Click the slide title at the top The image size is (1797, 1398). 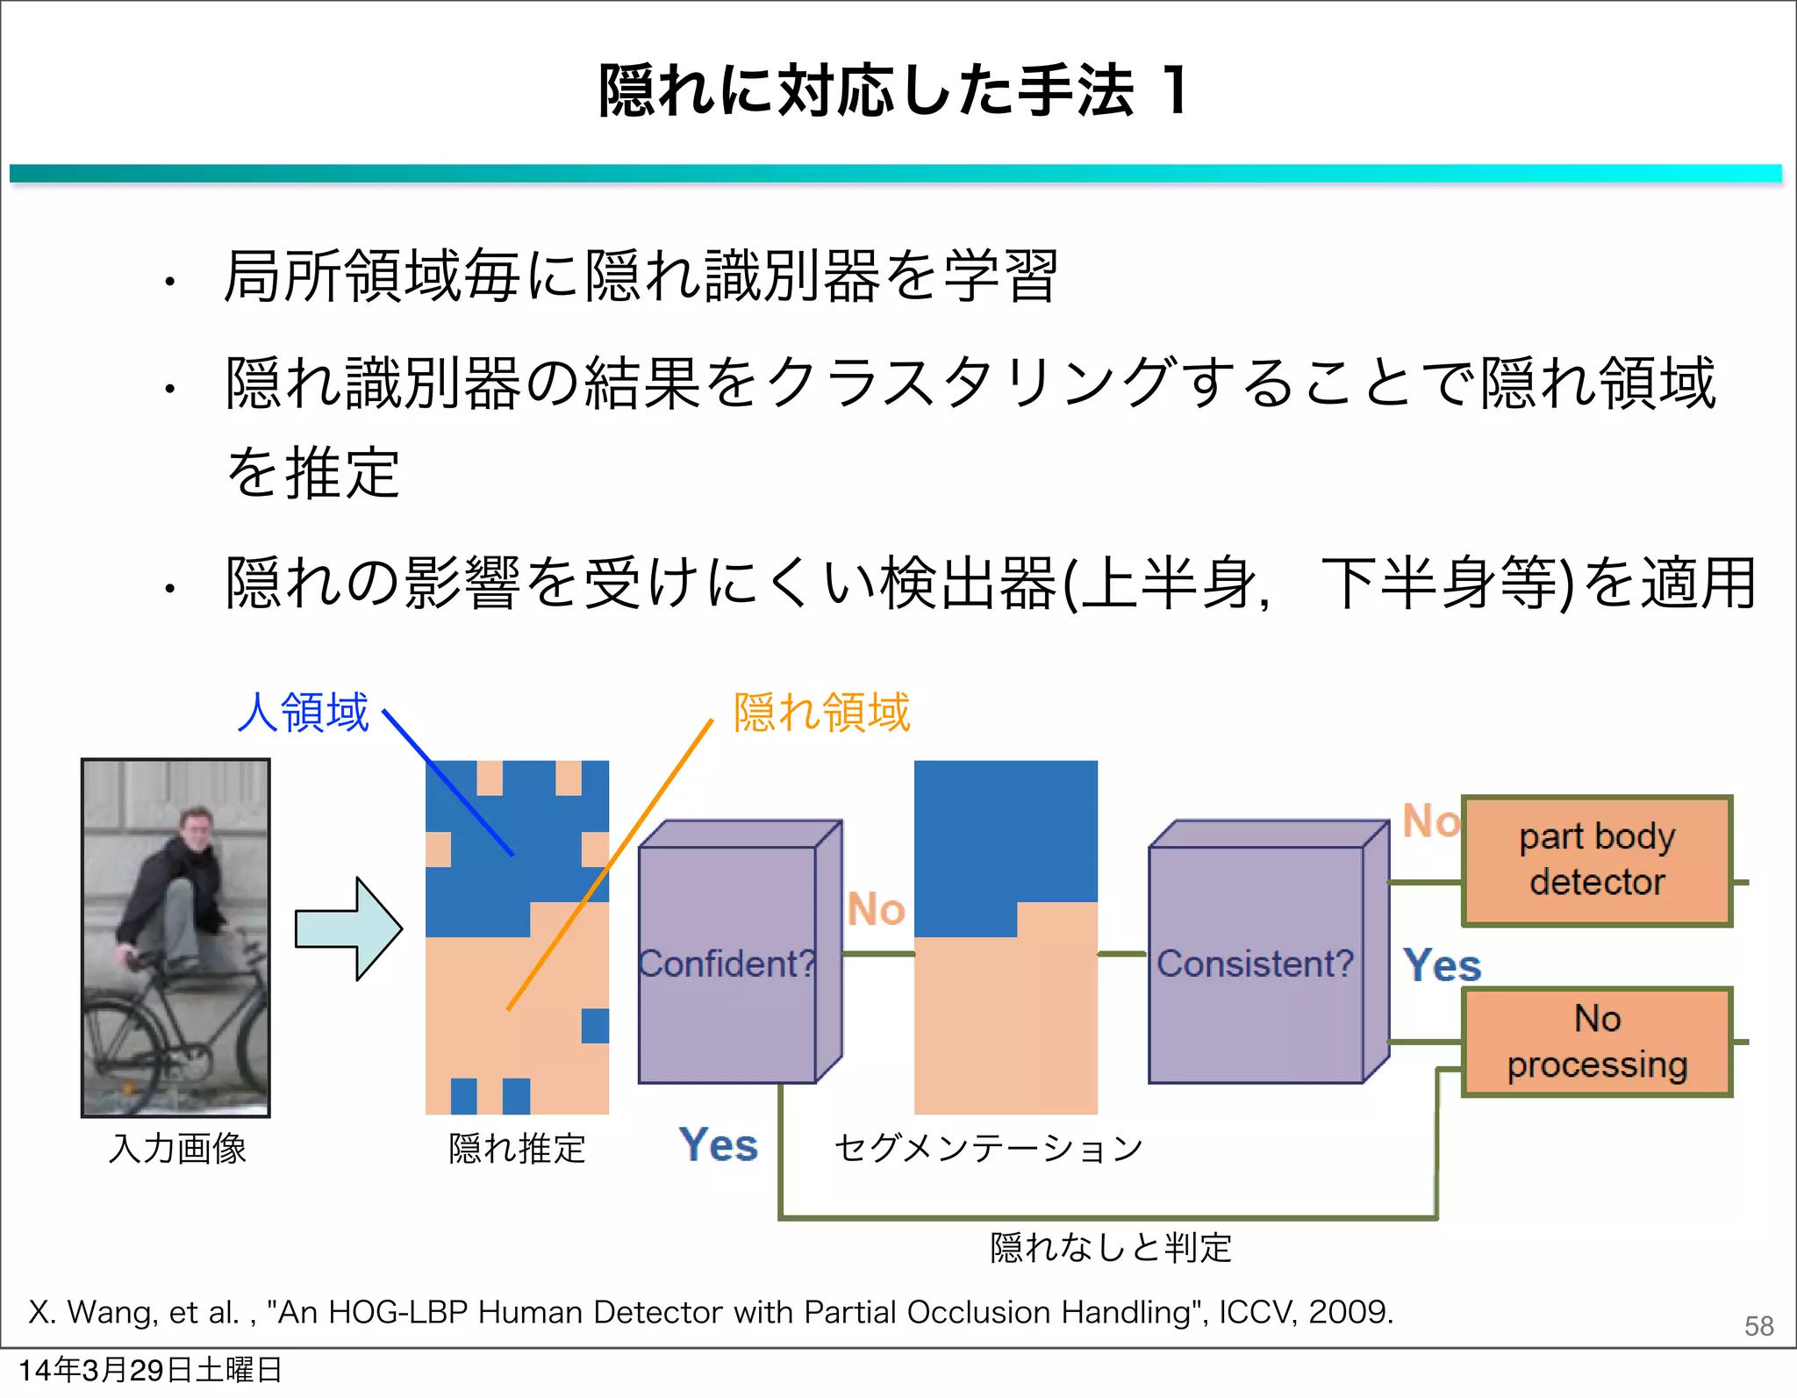(893, 90)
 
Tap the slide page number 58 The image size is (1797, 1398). (1758, 1325)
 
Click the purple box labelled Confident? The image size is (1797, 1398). (727, 964)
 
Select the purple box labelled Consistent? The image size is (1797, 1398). (1256, 964)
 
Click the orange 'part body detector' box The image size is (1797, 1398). (1597, 860)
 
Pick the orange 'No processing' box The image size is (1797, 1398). (1597, 1042)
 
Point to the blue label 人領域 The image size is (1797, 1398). (304, 712)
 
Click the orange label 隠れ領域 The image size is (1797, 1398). (821, 712)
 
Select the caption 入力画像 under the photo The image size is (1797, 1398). (177, 1148)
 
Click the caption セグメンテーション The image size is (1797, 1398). (988, 1148)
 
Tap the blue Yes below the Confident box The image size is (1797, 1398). (718, 1145)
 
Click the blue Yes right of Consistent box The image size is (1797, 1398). (1442, 965)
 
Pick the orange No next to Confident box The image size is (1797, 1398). (875, 909)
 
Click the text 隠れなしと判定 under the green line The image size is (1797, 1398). (1111, 1247)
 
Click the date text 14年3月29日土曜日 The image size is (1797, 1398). (150, 1370)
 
